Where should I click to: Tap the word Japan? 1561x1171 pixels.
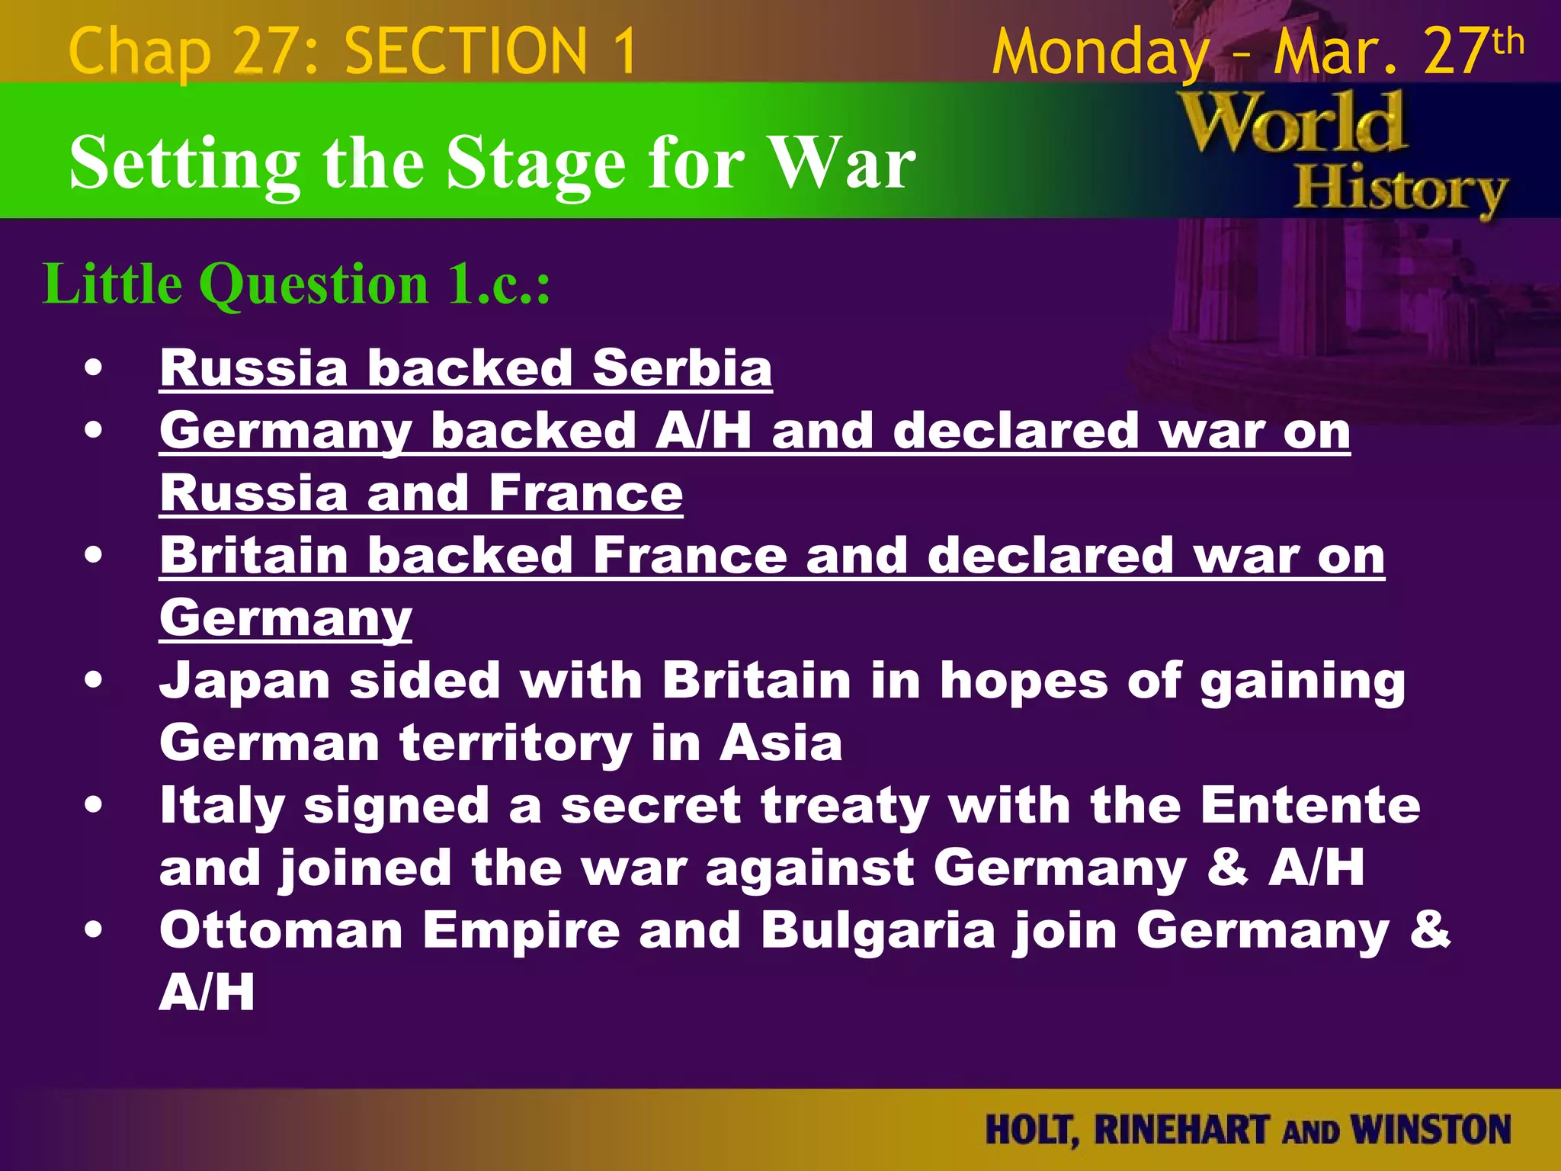[x=245, y=681]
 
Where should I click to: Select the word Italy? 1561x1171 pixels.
[x=222, y=806]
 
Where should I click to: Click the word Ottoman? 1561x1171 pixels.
[x=281, y=931]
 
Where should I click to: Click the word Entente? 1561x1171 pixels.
[x=1310, y=806]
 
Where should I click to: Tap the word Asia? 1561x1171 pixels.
[x=781, y=743]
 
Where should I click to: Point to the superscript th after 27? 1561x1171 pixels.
[x=1508, y=41]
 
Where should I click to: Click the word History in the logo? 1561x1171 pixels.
[x=1401, y=191]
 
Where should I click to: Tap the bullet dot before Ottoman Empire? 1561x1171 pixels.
[x=94, y=931]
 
